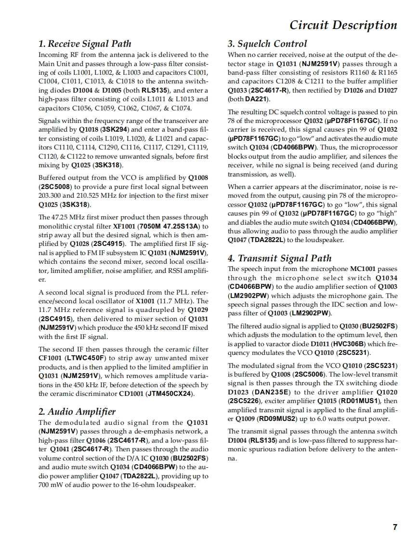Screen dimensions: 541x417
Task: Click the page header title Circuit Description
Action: click(x=343, y=25)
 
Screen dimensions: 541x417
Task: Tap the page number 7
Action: click(x=395, y=527)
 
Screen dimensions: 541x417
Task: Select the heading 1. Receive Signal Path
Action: click(x=85, y=44)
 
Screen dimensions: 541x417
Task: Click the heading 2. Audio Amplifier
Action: click(x=77, y=411)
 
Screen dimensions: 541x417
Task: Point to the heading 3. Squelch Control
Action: click(x=267, y=44)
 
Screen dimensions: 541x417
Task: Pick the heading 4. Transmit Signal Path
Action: click(x=280, y=258)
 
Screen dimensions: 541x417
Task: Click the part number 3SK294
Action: click(x=115, y=129)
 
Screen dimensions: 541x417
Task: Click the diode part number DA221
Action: click(x=257, y=99)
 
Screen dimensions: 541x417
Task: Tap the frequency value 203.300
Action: click(x=51, y=196)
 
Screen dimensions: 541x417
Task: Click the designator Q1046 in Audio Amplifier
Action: click(x=96, y=440)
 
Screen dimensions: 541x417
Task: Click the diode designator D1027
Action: click(x=387, y=91)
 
